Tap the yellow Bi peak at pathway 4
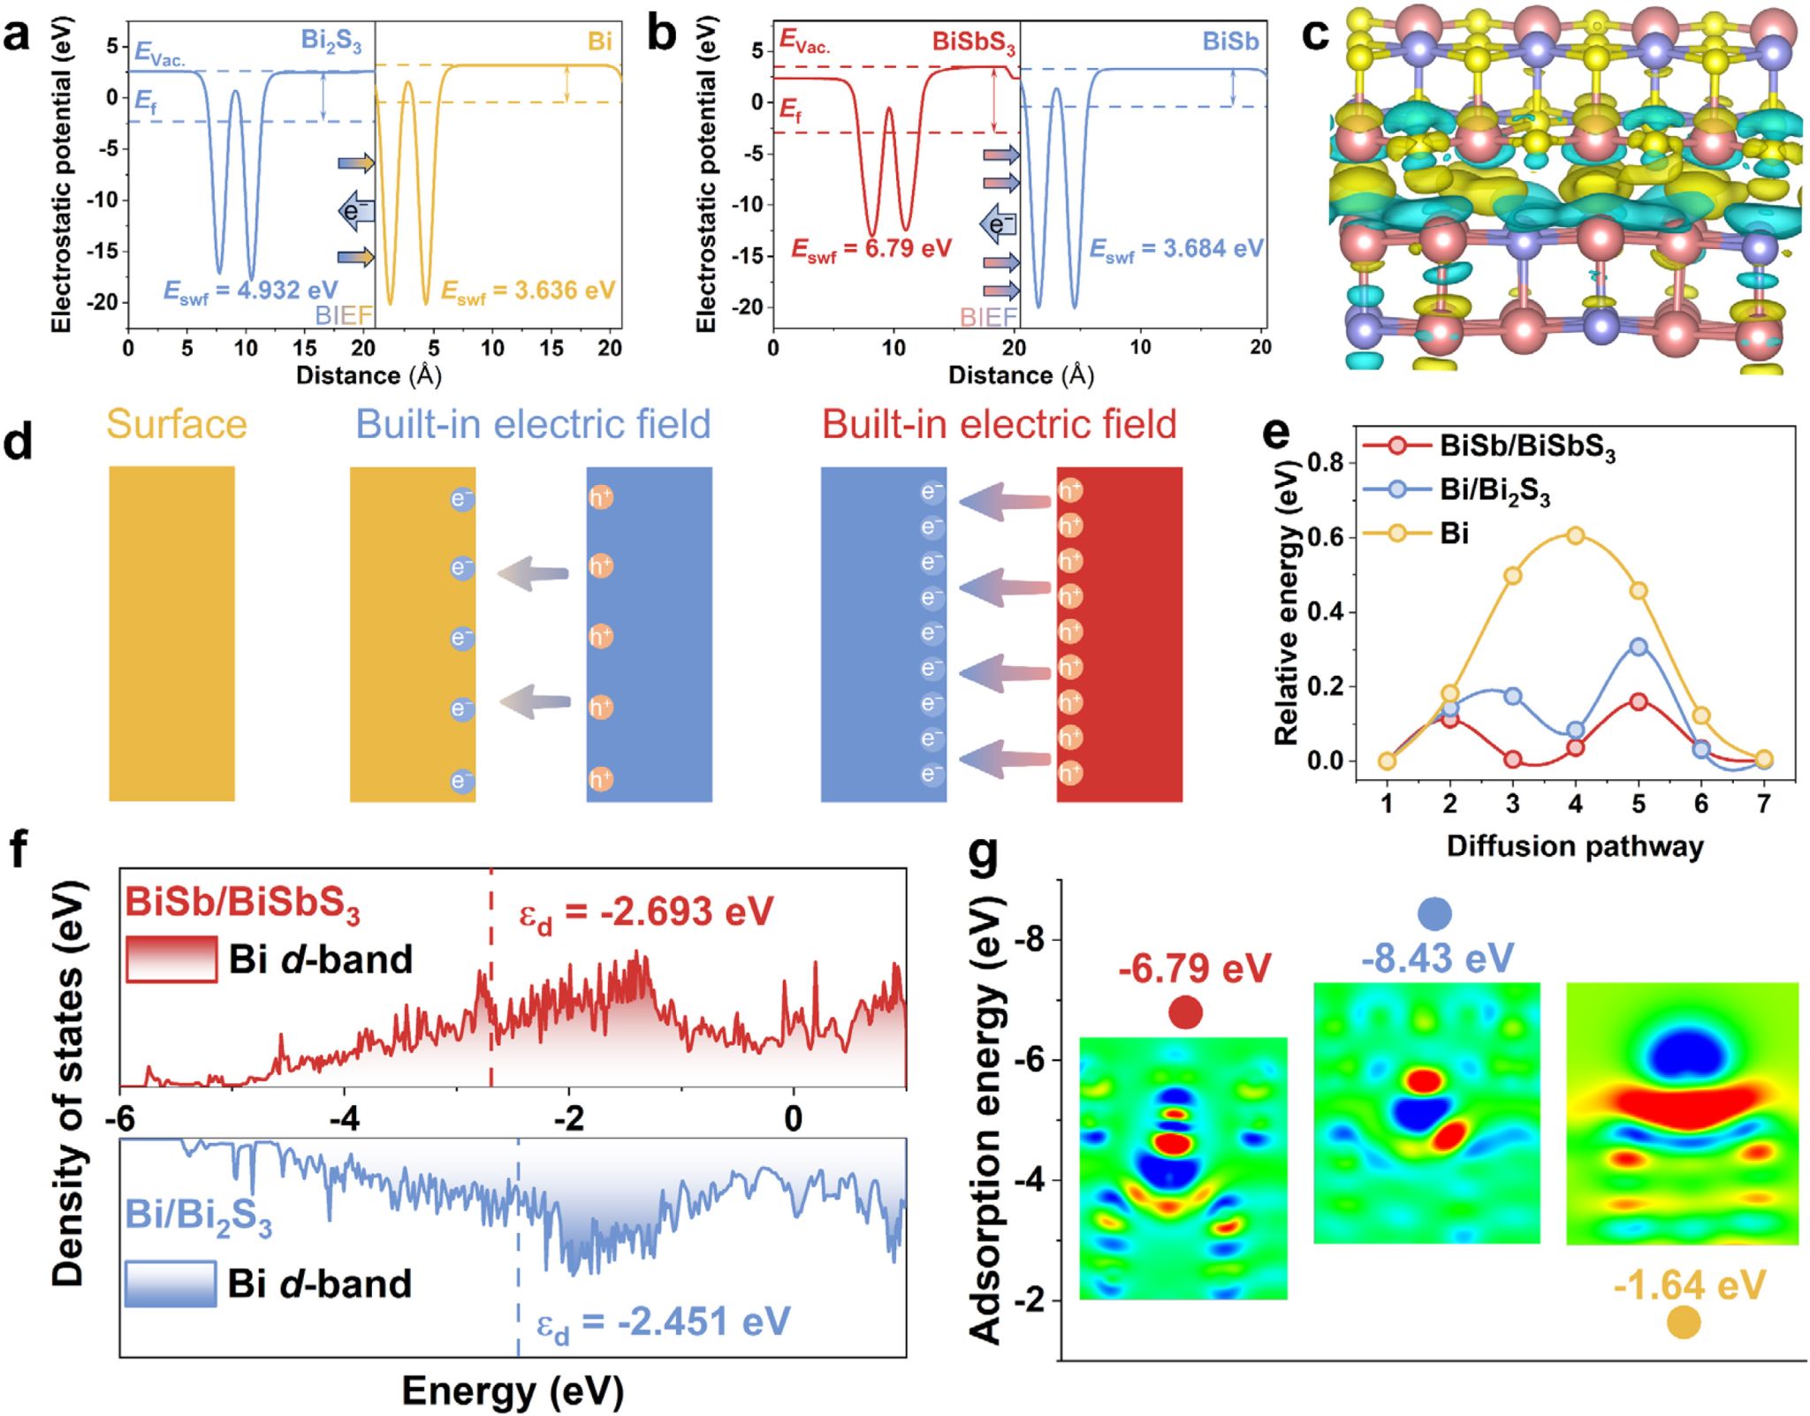click(x=1576, y=535)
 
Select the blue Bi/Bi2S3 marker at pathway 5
click(x=1639, y=647)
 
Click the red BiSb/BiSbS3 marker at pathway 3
click(x=1513, y=760)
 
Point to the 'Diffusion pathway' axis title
click(x=1575, y=846)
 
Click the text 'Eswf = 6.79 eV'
click(x=871, y=250)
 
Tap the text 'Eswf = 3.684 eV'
click(x=1175, y=250)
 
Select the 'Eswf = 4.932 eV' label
click(x=251, y=291)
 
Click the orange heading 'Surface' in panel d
click(x=177, y=425)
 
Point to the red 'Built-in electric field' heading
click(x=1000, y=425)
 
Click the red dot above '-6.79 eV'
click(x=1185, y=1012)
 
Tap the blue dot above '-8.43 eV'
click(x=1434, y=913)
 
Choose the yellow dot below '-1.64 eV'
click(x=1684, y=1322)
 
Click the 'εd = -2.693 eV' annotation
click(x=646, y=912)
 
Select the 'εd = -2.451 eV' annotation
click(x=664, y=1323)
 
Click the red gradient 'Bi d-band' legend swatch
click(x=171, y=959)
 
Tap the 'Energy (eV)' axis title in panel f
click(x=513, y=1390)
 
